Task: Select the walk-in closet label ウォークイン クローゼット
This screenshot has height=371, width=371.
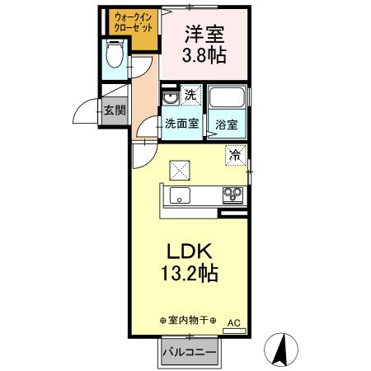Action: [x=131, y=21]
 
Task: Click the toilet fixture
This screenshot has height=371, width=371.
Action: [x=115, y=56]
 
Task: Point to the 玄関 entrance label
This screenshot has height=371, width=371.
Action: [x=115, y=110]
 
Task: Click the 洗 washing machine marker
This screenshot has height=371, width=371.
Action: [x=190, y=96]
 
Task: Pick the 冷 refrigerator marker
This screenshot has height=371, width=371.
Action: [x=236, y=154]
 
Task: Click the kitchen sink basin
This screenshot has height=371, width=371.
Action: [x=180, y=195]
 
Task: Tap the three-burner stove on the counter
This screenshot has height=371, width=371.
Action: [x=232, y=195]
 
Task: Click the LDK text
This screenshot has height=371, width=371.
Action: [x=192, y=249]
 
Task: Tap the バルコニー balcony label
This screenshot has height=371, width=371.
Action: [x=189, y=353]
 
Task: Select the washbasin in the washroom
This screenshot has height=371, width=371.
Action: [x=171, y=100]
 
